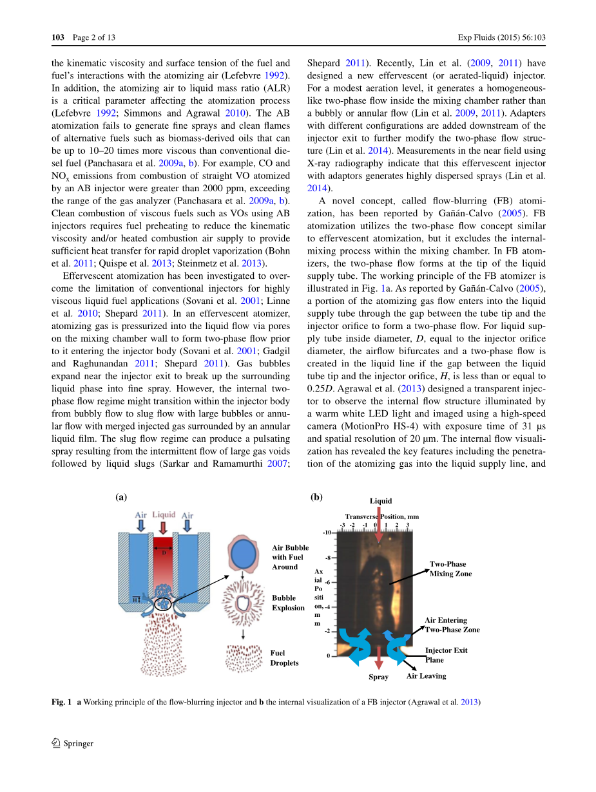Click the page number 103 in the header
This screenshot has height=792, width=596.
58,37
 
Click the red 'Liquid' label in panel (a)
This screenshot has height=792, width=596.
164,514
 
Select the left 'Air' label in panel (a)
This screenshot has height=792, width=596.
140,515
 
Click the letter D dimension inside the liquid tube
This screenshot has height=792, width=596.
164,552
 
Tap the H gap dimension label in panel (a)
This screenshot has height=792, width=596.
135,598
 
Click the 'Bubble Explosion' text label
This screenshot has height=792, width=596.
288,603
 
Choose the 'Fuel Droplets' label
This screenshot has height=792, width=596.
284,657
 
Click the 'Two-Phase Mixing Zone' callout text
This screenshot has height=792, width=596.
450,569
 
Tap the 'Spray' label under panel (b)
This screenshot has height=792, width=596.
378,677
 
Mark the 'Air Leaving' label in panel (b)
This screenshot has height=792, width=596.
426,675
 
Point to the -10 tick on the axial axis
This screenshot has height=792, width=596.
327,533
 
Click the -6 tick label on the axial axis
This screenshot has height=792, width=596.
327,582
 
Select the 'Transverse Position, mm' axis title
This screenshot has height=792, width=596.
381,516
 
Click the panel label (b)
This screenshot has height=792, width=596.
316,497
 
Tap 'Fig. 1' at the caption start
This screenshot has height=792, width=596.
61,702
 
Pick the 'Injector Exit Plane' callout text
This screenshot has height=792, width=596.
446,654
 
